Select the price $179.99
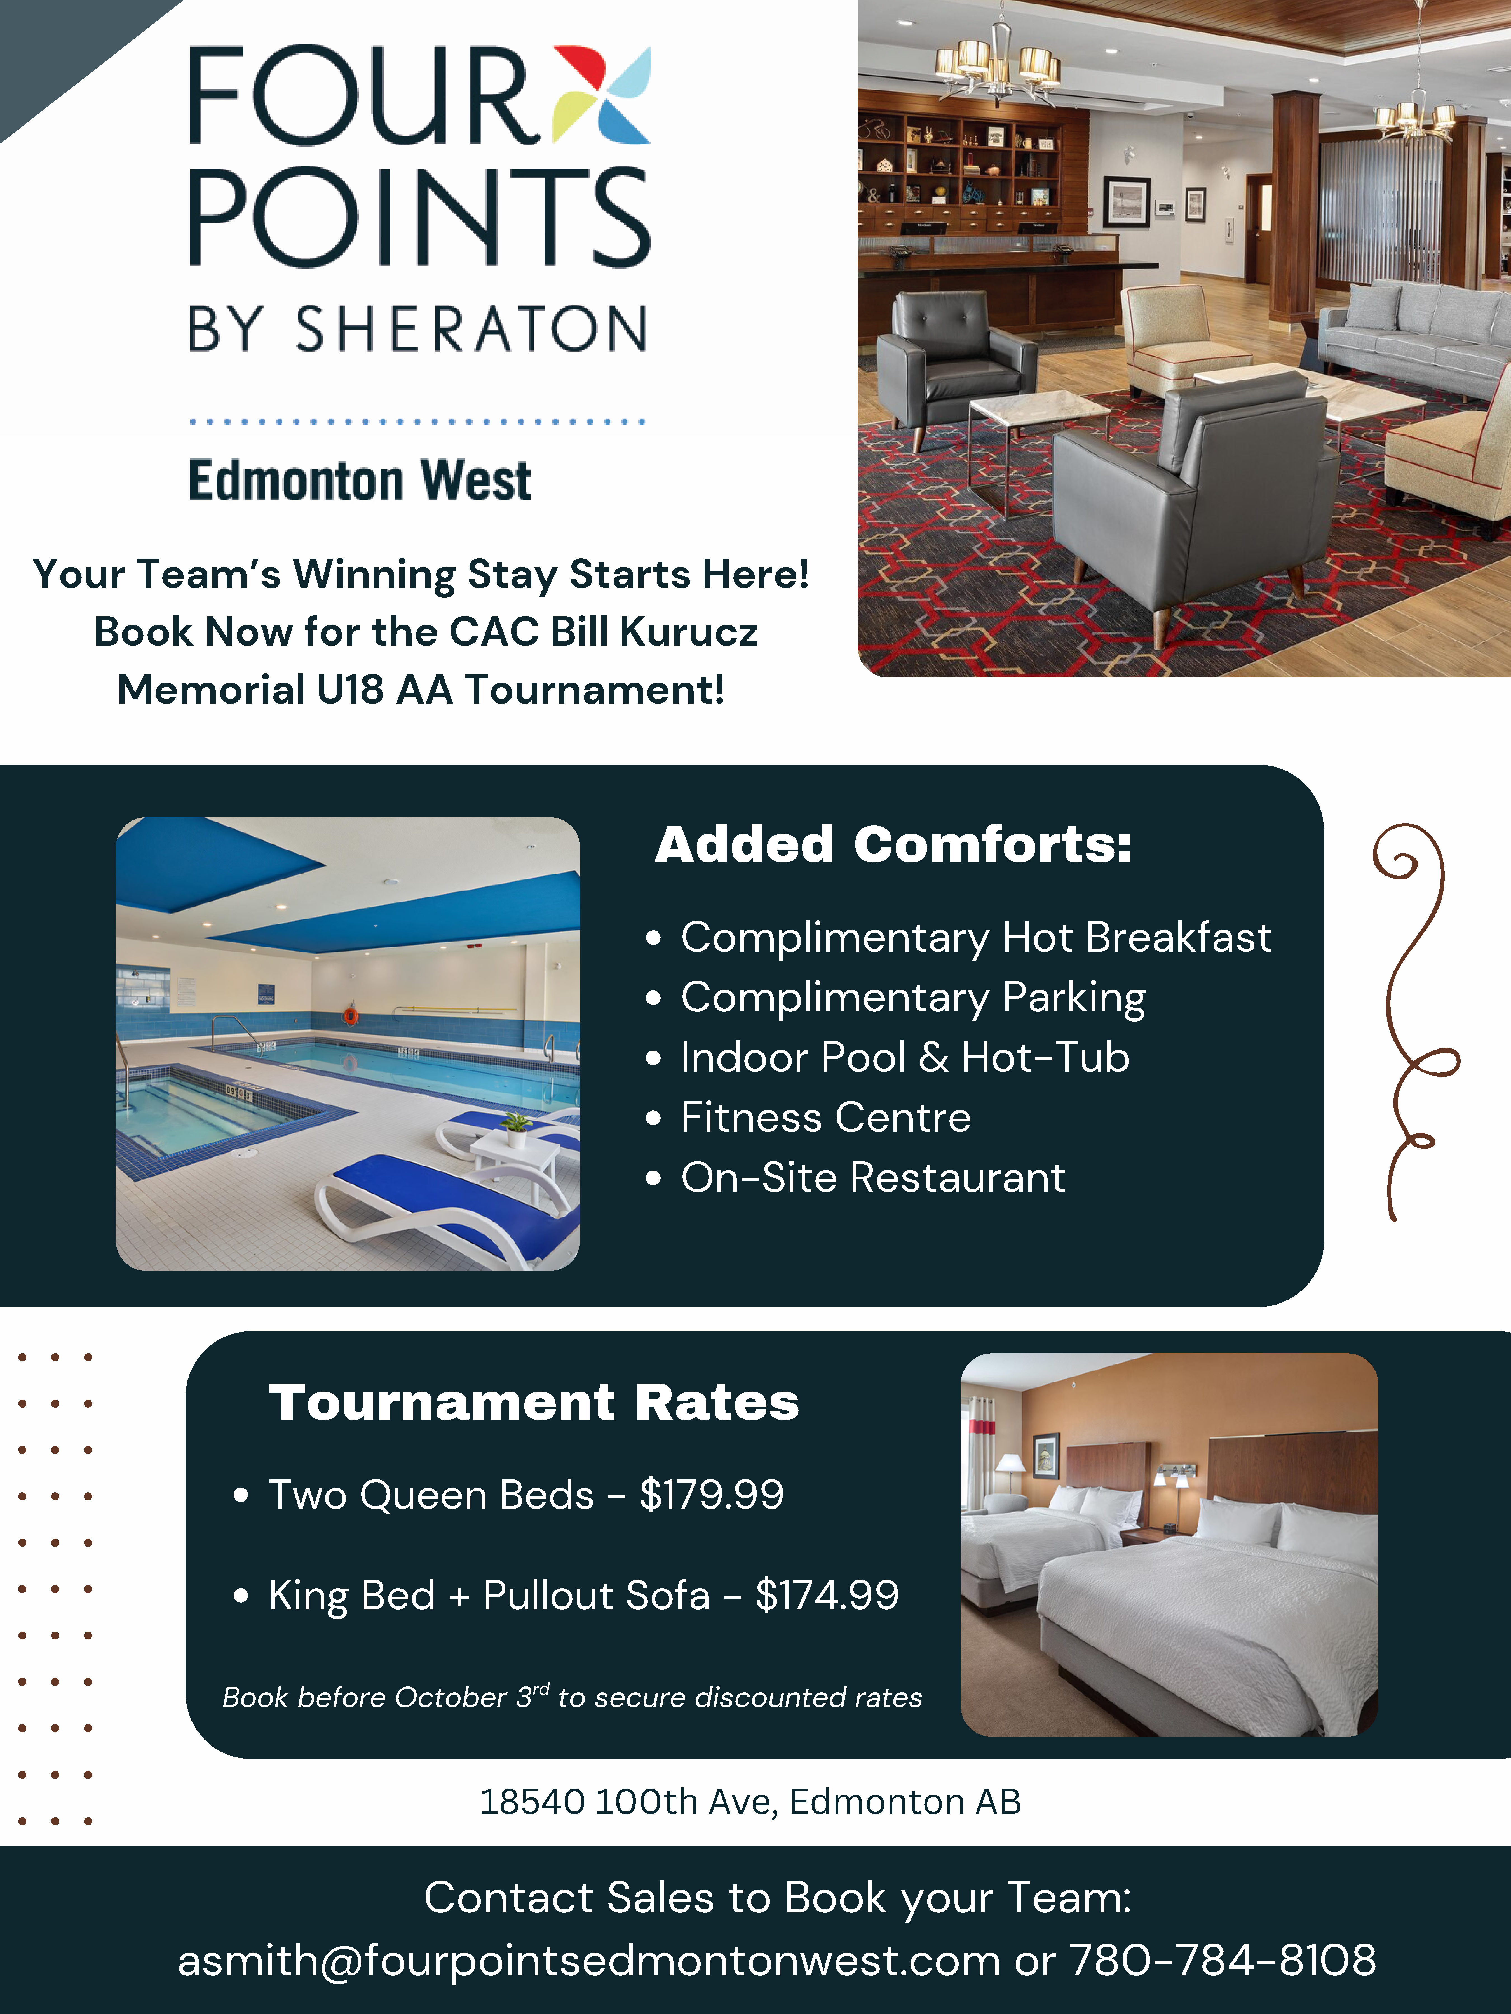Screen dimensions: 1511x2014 pyautogui.click(x=711, y=1495)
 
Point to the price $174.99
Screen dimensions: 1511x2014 pyautogui.click(x=827, y=1595)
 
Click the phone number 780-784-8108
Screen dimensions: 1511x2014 pyautogui.click(x=1222, y=1959)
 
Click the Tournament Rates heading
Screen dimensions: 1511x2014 pyautogui.click(x=534, y=1402)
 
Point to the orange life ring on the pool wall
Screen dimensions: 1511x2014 pyautogui.click(x=350, y=1015)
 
